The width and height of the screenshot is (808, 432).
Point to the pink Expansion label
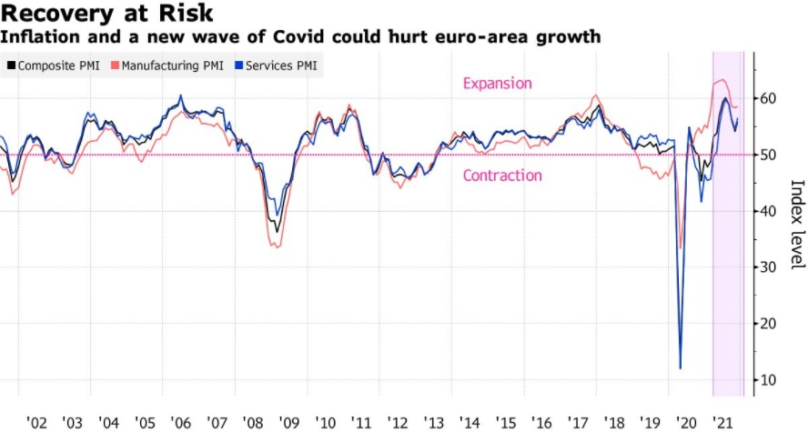pyautogui.click(x=497, y=84)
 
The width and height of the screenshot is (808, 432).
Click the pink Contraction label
pyautogui.click(x=502, y=176)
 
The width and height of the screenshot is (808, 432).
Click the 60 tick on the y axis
pyautogui.click(x=770, y=98)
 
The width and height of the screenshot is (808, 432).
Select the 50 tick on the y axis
pyautogui.click(x=770, y=155)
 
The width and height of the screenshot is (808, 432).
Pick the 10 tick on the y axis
pyautogui.click(x=770, y=379)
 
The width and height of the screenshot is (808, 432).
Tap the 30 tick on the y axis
pyautogui.click(x=770, y=266)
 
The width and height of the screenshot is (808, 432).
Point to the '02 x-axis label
pyautogui.click(x=36, y=422)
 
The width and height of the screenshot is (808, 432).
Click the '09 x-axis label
pyautogui.click(x=289, y=422)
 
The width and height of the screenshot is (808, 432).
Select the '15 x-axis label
pyautogui.click(x=506, y=422)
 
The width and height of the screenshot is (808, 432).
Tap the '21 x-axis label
pyautogui.click(x=723, y=422)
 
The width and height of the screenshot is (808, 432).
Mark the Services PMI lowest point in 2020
pyautogui.click(x=681, y=368)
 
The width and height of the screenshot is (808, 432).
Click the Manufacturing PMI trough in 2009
pyautogui.click(x=277, y=247)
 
